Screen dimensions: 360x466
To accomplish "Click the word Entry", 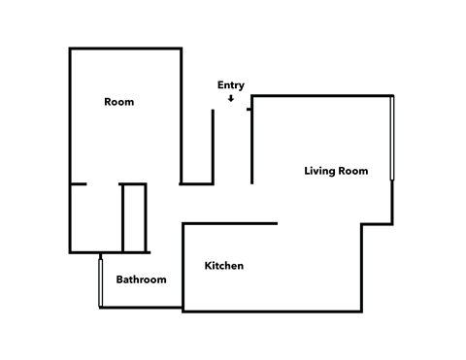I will (231, 85).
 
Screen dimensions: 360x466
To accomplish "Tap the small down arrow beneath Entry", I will (231, 98).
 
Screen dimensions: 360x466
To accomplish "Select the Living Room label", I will (336, 171).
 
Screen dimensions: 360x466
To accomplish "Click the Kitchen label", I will (223, 266).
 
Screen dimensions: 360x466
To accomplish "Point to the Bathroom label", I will (141, 279).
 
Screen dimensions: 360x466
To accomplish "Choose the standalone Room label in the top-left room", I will (118, 102).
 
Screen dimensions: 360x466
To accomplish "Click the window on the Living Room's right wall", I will (392, 137).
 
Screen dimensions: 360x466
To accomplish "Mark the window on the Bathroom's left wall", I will (100, 282).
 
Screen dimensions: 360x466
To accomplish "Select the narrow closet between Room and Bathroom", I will (134, 217).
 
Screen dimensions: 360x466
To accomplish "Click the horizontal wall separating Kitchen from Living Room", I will (230, 224).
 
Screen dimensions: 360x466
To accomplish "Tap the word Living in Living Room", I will (319, 171).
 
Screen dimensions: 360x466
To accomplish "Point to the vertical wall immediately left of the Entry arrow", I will (213, 146).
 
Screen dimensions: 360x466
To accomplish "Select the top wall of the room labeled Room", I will (125, 49).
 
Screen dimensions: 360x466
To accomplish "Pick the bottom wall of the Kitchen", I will (272, 311).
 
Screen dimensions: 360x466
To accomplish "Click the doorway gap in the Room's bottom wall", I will (103, 183).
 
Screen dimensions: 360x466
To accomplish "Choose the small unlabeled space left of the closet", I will (95, 217).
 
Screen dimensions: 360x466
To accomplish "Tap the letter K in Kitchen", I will (208, 266).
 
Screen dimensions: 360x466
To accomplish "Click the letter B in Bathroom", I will (119, 279).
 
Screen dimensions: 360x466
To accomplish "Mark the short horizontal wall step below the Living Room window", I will (377, 224).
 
